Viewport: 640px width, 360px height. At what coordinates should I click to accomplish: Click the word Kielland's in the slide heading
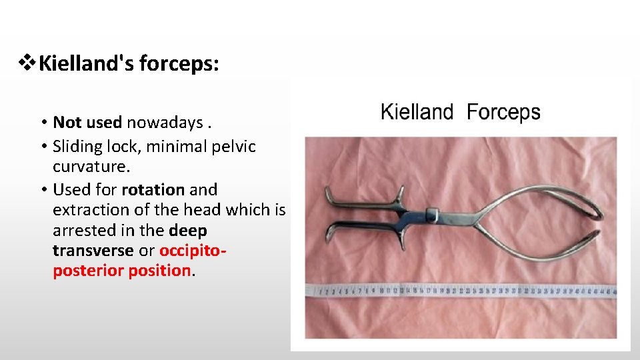pyautogui.click(x=87, y=65)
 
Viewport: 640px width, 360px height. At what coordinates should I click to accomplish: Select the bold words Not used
pyautogui.click(x=87, y=122)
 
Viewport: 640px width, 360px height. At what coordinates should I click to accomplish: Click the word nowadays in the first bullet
pyautogui.click(x=163, y=123)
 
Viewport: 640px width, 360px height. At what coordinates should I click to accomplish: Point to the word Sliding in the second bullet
pyautogui.click(x=78, y=146)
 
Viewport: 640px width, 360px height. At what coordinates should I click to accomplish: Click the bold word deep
pyautogui.click(x=188, y=231)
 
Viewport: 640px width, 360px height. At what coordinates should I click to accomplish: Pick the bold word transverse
pyautogui.click(x=93, y=251)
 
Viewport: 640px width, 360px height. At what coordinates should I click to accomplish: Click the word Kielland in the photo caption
pyautogui.click(x=417, y=112)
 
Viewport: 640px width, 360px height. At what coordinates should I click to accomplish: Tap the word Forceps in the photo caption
pyautogui.click(x=503, y=112)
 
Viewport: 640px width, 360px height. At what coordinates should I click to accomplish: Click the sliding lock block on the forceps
pyautogui.click(x=430, y=214)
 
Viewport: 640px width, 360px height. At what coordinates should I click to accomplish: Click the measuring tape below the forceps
pyautogui.click(x=460, y=291)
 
